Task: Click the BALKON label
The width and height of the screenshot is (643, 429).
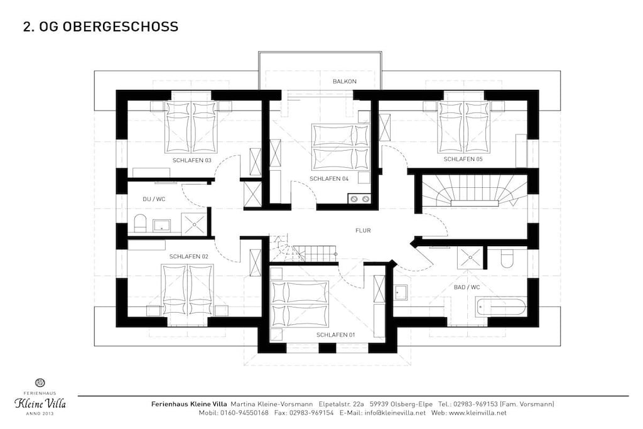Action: pyautogui.click(x=345, y=81)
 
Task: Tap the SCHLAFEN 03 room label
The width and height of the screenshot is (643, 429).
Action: pyautogui.click(x=192, y=160)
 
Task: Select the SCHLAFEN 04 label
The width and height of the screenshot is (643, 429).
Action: pyautogui.click(x=329, y=179)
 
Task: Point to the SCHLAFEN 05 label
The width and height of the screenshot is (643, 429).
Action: pyautogui.click(x=463, y=159)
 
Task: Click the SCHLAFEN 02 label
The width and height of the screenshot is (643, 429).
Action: pyautogui.click(x=188, y=256)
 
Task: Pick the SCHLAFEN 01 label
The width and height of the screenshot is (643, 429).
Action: pyautogui.click(x=335, y=335)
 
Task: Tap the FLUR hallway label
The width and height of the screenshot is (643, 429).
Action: pyautogui.click(x=363, y=231)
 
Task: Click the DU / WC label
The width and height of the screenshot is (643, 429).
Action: pyautogui.click(x=154, y=199)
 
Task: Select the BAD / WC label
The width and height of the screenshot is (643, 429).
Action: pyautogui.click(x=467, y=287)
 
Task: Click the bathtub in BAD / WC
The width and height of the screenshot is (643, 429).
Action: pyautogui.click(x=500, y=307)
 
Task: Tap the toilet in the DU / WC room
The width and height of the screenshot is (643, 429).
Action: pyautogui.click(x=140, y=223)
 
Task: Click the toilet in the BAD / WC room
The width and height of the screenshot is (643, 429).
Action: pyautogui.click(x=507, y=258)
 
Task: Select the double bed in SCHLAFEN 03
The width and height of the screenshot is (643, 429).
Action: pyautogui.click(x=191, y=127)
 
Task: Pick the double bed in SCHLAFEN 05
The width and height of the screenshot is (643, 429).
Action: pyautogui.click(x=464, y=127)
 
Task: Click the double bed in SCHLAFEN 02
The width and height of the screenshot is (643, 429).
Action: pyautogui.click(x=188, y=290)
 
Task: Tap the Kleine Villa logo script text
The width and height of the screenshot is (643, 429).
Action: pyautogui.click(x=40, y=403)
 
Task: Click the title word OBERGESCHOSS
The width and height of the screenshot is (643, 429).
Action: pyautogui.click(x=121, y=26)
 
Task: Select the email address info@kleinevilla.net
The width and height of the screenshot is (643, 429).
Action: pyautogui.click(x=395, y=413)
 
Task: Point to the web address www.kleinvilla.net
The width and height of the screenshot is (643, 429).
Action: pyautogui.click(x=478, y=413)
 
